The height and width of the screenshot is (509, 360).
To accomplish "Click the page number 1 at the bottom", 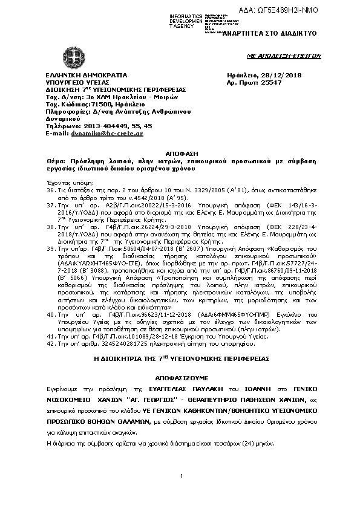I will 181,477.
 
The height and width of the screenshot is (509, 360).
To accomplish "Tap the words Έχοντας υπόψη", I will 67,181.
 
